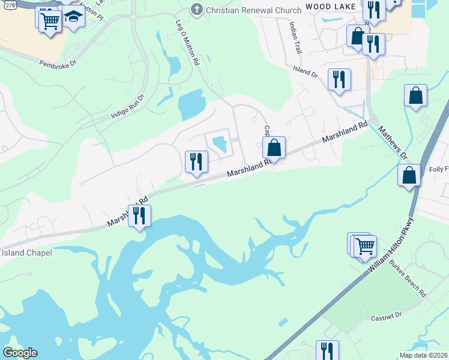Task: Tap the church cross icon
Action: pos(196,9)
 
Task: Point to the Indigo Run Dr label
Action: pos(128,107)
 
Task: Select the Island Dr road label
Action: pos(305,73)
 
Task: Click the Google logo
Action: pos(20,352)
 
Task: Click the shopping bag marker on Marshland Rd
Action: pos(274,147)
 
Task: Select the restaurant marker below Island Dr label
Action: pos(339,79)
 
